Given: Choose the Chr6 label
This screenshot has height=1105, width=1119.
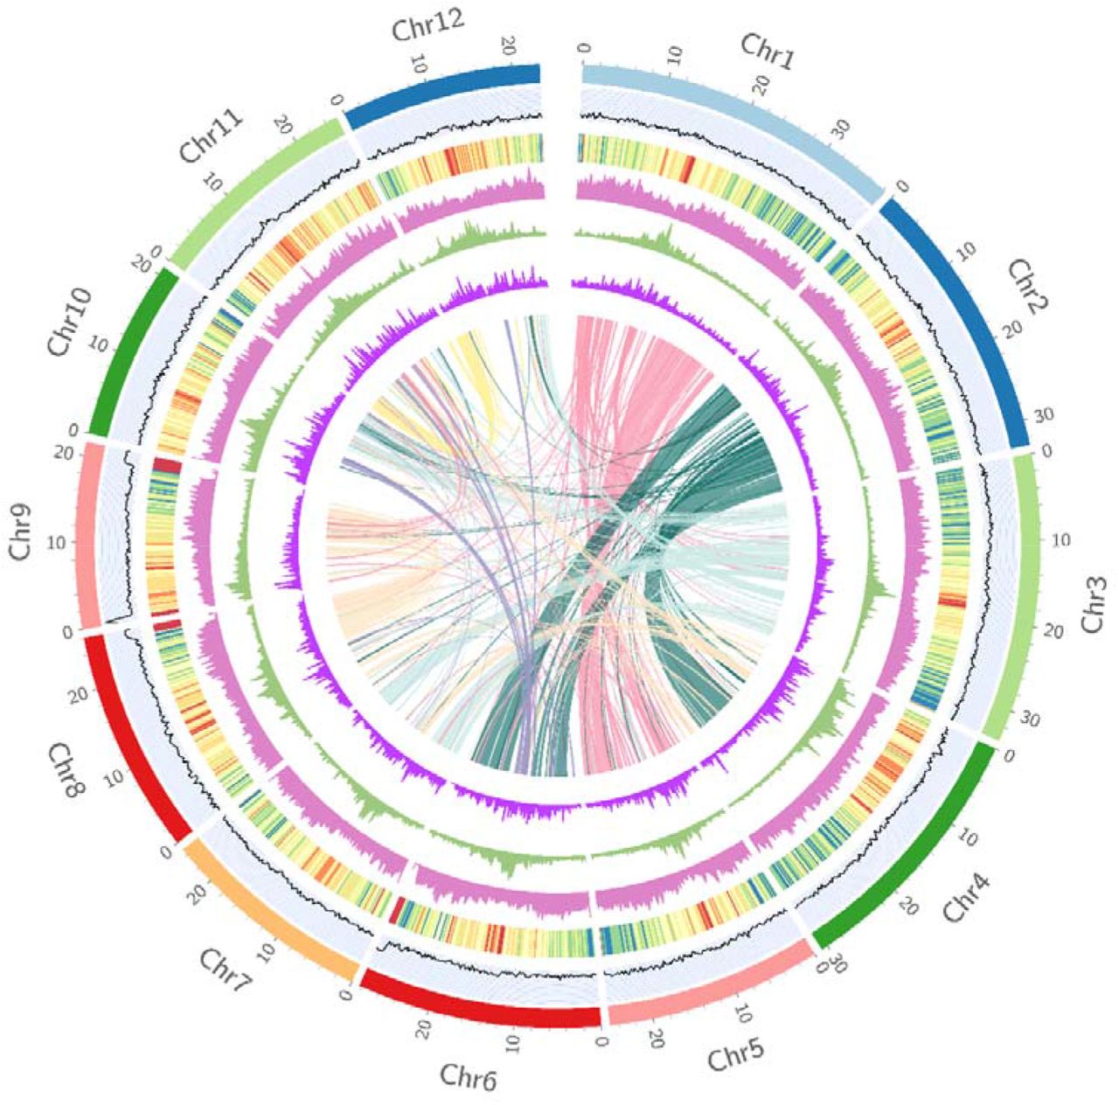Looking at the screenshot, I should pyautogui.click(x=469, y=1078).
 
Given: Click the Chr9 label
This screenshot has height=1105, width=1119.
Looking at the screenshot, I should pyautogui.click(x=24, y=537).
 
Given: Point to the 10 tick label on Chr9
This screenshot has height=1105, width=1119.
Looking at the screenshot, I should pyautogui.click(x=56, y=542).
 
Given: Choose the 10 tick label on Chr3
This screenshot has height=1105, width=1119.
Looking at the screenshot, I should pyautogui.click(x=1061, y=541).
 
